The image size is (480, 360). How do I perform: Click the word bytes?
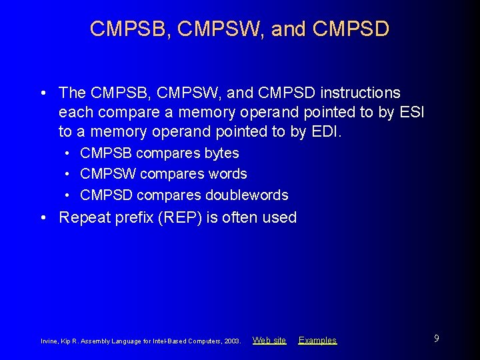click(x=221, y=153)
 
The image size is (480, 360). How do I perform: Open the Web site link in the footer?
click(x=269, y=340)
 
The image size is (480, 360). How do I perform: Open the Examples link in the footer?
click(x=317, y=340)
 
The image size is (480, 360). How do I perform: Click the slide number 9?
click(x=436, y=339)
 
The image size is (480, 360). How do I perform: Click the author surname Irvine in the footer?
click(x=50, y=341)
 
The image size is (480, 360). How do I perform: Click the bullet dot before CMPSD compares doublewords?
click(x=69, y=195)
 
